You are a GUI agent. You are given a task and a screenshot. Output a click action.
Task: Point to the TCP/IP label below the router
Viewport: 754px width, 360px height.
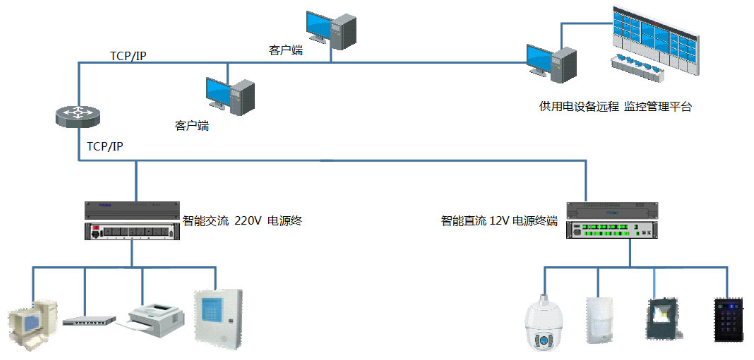[x=105, y=146]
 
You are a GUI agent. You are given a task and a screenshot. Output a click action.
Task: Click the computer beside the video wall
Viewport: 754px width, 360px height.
[x=553, y=67]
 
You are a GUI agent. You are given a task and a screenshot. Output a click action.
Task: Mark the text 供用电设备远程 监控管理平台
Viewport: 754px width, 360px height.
[x=615, y=105]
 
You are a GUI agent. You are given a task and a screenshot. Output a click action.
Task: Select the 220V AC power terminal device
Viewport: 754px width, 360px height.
[x=135, y=222]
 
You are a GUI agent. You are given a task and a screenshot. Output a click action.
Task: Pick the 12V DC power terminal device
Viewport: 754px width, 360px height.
[x=611, y=221]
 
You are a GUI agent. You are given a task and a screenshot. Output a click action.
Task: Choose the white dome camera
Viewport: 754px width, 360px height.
[x=545, y=325]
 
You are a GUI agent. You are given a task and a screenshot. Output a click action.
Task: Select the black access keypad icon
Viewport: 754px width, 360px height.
[x=728, y=319]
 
